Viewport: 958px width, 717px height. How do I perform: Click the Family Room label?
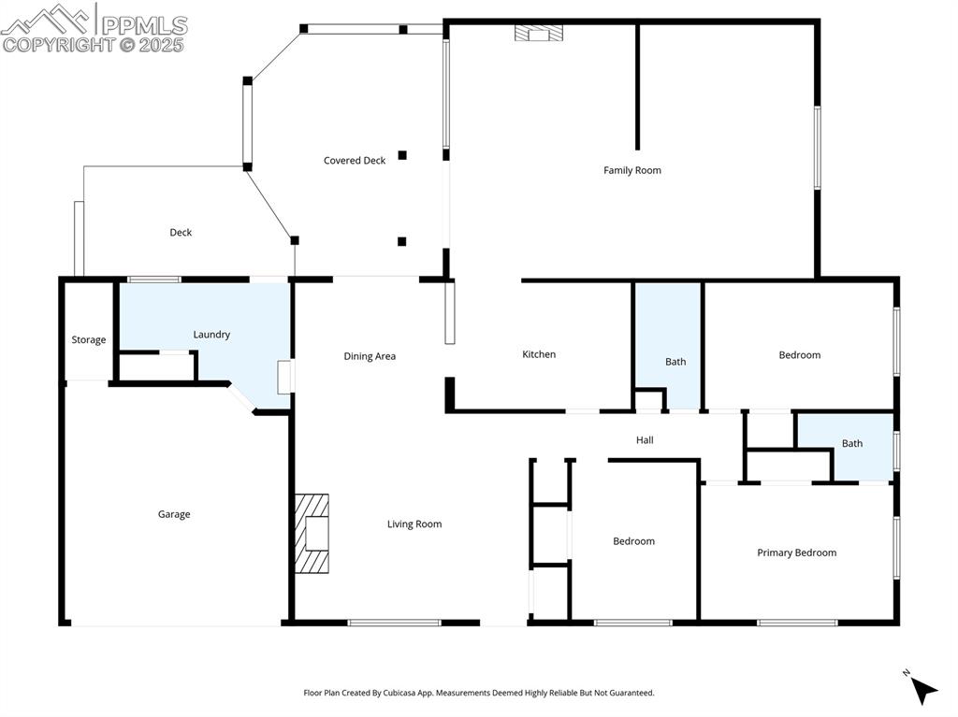[x=632, y=170]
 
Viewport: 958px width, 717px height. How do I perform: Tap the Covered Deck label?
[x=355, y=161]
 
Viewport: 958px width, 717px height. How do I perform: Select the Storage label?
[x=89, y=340]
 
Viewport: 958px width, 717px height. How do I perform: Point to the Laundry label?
[x=211, y=335]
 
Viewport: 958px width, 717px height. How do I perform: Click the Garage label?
[x=174, y=514]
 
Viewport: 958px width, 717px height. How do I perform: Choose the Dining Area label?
[x=370, y=356]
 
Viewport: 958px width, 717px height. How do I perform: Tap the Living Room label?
[x=414, y=524]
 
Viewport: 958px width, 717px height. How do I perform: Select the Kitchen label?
[x=539, y=354]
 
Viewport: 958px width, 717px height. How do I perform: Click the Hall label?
[x=645, y=440]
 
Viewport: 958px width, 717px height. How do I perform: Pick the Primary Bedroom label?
[x=796, y=552]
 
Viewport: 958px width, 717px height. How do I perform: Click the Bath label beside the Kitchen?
[x=675, y=362]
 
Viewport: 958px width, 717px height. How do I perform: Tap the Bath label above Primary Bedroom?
[x=851, y=444]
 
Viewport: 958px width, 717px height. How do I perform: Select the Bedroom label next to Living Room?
[x=633, y=541]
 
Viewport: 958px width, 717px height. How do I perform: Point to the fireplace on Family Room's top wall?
[x=539, y=34]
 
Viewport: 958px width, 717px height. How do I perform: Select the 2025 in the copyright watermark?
[x=162, y=44]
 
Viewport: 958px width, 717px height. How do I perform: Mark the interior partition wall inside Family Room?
[x=638, y=86]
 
